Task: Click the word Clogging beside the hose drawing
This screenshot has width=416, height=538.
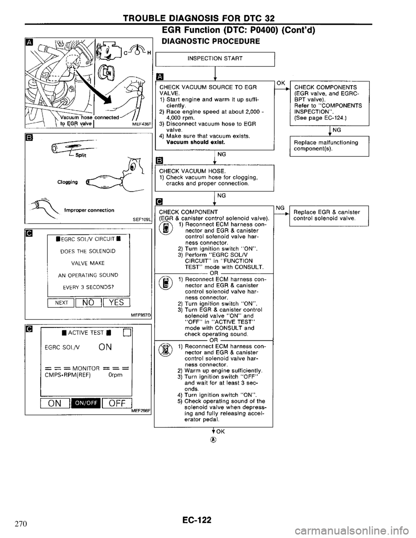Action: coord(71,183)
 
